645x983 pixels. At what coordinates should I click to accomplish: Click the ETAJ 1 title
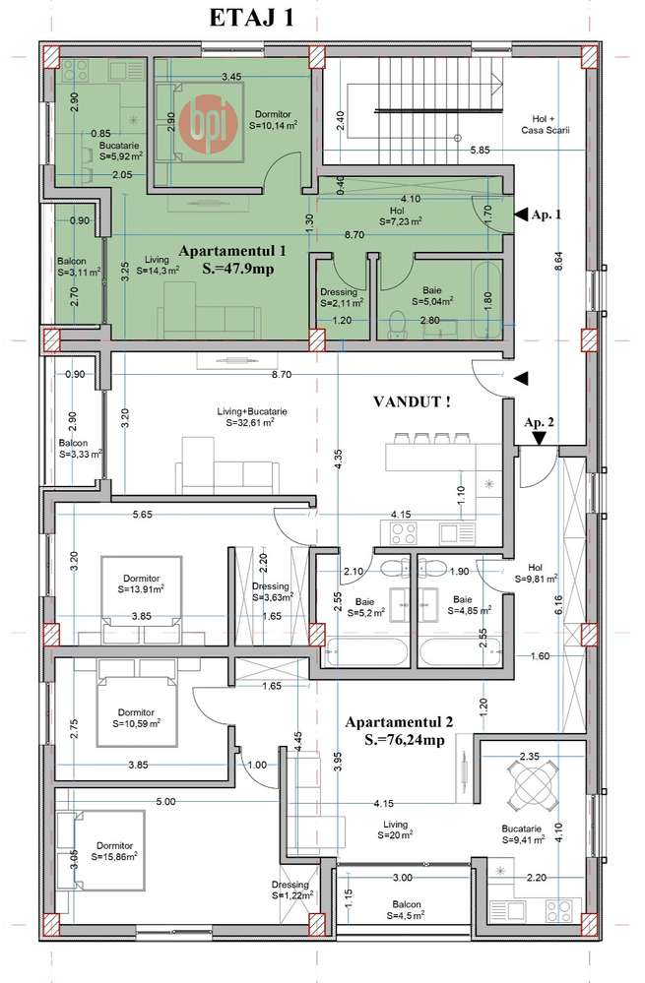[x=251, y=18]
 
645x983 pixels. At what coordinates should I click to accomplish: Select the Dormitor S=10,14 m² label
[x=273, y=120]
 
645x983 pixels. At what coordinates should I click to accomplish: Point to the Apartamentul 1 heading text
[x=232, y=251]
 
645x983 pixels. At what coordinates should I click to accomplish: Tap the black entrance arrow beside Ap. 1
[x=521, y=215]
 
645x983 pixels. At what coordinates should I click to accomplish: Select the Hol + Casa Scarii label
[x=546, y=125]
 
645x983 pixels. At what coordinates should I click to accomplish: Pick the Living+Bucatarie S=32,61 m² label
[x=252, y=417]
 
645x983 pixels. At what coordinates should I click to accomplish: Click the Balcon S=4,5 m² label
[x=406, y=909]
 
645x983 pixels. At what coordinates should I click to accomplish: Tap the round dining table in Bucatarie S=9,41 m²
[x=531, y=781]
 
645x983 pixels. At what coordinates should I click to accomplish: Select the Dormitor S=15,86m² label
[x=115, y=851]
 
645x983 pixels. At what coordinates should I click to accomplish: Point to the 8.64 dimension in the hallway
[x=559, y=261]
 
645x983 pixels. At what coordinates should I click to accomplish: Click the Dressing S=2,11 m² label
[x=342, y=297]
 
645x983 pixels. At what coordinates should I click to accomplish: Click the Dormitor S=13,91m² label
[x=141, y=584]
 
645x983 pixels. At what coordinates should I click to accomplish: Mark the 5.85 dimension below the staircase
[x=480, y=151]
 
